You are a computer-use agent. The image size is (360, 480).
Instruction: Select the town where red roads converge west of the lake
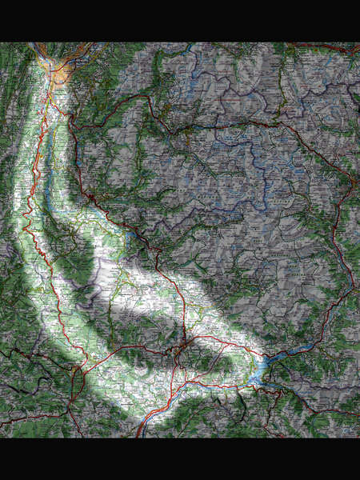click(183, 347)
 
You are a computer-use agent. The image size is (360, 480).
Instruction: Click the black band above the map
click(180, 20)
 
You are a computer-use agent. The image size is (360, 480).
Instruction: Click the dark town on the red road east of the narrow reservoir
click(94, 198)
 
